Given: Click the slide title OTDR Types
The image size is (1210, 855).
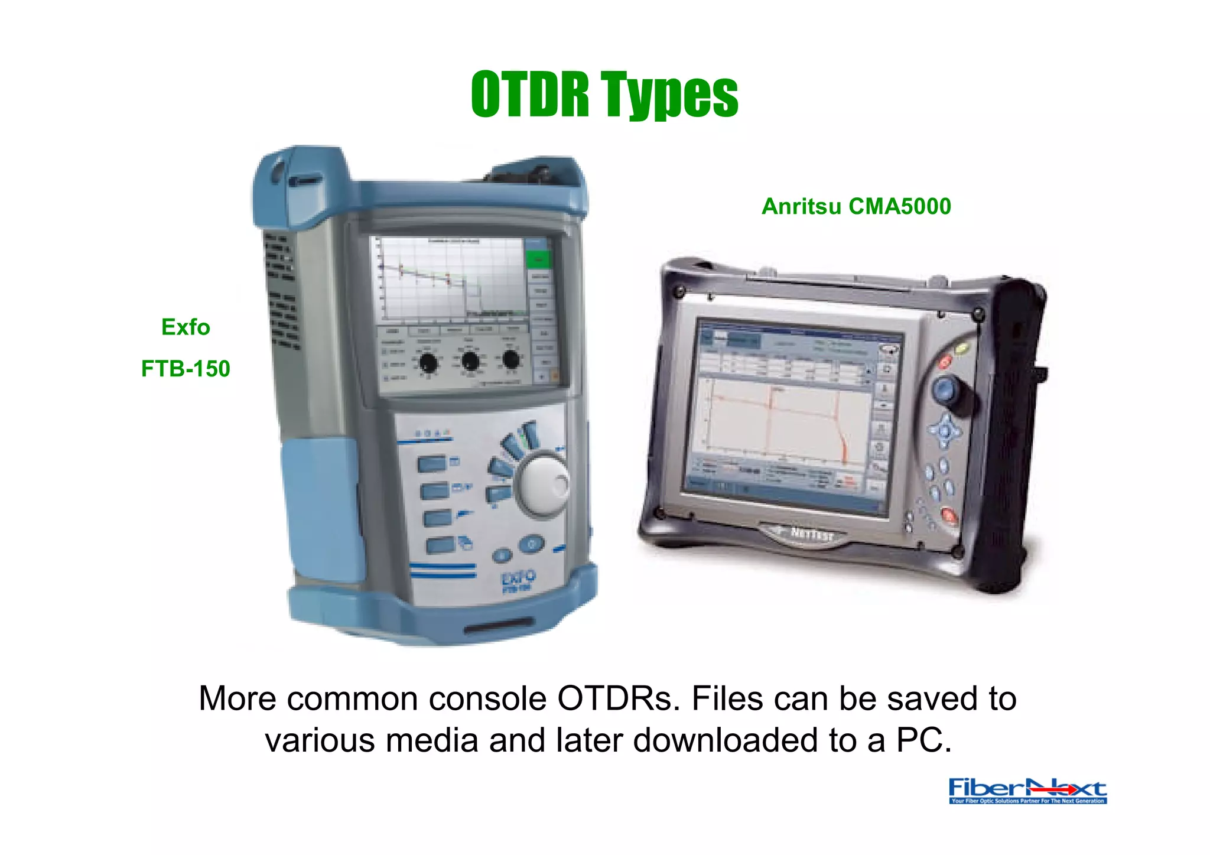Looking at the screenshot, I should pyautogui.click(x=604, y=95).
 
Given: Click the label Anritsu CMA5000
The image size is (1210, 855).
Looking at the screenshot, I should pyautogui.click(x=856, y=206).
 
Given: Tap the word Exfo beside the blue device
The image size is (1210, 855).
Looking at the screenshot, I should pyautogui.click(x=186, y=327).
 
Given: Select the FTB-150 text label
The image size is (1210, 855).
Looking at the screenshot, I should pyautogui.click(x=186, y=369).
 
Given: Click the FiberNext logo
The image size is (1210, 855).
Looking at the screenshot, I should pyautogui.click(x=1027, y=791).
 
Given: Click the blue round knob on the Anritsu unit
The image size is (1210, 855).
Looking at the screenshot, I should pyautogui.click(x=946, y=389).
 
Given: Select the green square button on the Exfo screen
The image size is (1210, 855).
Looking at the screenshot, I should pyautogui.click(x=538, y=259).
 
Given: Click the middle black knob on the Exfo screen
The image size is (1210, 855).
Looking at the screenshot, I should pyautogui.click(x=470, y=360).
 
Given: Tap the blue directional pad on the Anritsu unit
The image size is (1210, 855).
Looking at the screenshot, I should pyautogui.click(x=945, y=431).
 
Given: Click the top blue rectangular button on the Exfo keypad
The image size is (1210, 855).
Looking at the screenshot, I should pyautogui.click(x=432, y=464).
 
